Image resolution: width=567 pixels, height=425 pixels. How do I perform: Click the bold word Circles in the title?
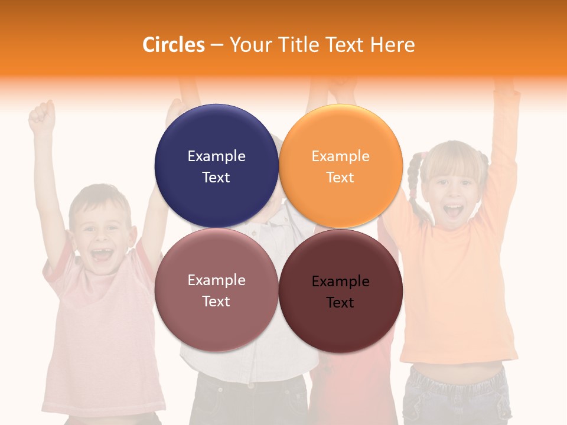point(174,45)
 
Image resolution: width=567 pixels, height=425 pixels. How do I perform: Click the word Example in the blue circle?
point(216,156)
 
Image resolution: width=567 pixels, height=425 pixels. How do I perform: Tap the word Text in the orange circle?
point(340,177)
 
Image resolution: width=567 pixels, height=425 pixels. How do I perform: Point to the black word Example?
point(340,282)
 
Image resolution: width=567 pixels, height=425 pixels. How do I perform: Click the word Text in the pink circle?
point(216,301)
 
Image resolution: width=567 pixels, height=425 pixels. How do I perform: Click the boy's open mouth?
point(102,254)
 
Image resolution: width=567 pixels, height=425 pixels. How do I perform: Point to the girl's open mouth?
point(453,211)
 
